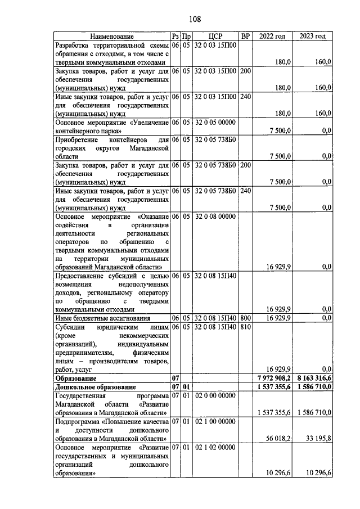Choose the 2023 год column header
313,37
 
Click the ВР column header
245,37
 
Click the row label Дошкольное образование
96,387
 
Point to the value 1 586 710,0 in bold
313,387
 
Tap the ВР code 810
245,326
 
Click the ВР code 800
245,318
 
